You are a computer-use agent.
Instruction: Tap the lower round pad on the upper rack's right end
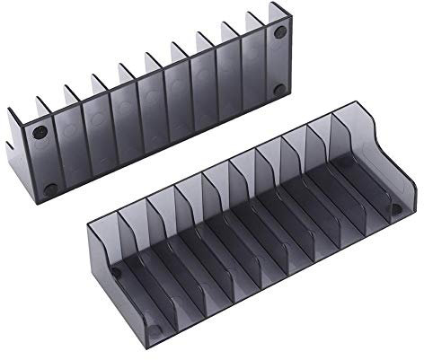coord(279,88)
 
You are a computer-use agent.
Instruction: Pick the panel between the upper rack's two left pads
coord(44,162)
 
